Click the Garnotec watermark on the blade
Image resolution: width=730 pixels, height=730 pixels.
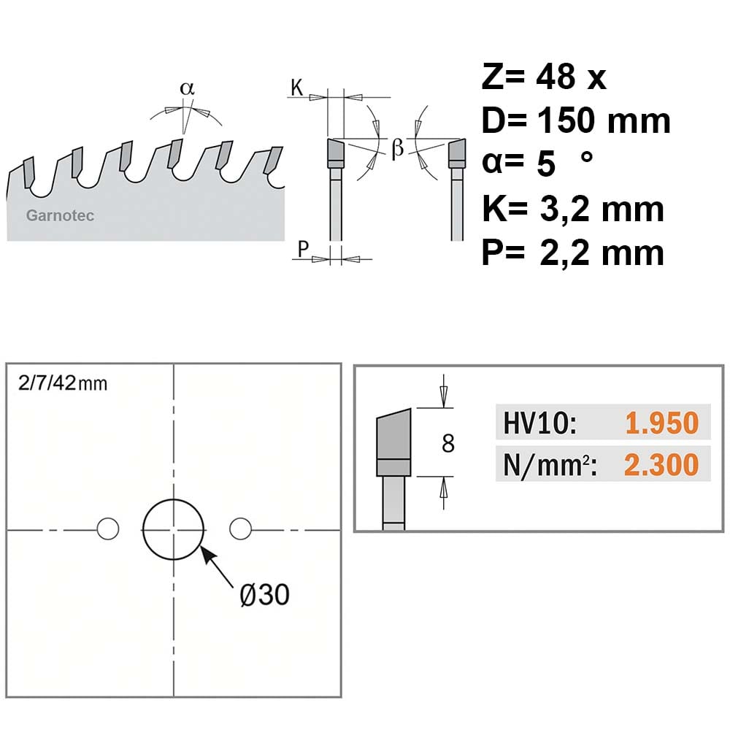coord(60,215)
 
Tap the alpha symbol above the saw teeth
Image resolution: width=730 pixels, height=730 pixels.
coord(187,88)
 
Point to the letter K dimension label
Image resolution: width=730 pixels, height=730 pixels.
coord(297,87)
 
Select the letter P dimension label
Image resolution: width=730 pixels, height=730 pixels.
coord(303,249)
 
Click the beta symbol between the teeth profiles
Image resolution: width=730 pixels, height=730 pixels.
coord(398,148)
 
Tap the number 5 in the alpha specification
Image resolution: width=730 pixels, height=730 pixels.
coord(546,164)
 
